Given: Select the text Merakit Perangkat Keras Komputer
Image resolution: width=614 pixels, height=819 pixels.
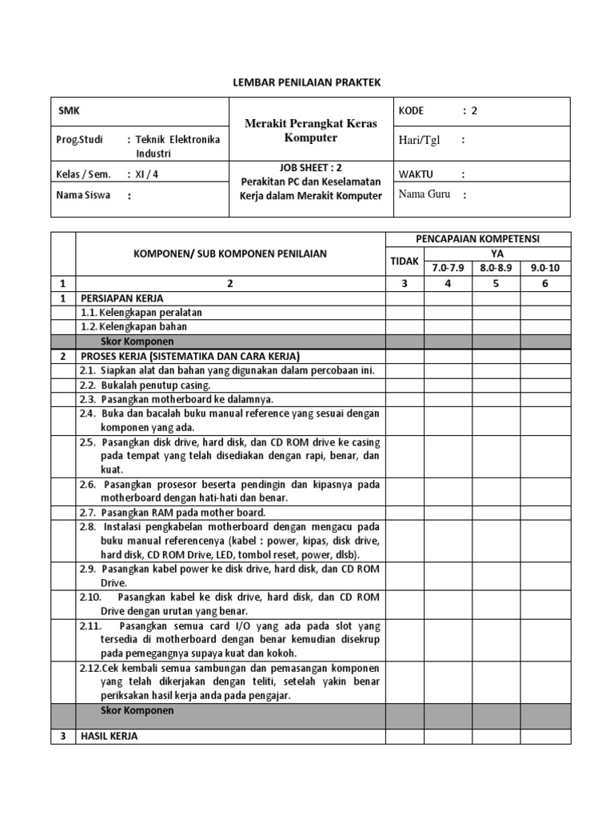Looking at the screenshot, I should tap(311, 130).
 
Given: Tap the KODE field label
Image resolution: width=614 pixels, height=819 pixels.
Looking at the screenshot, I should tap(411, 111).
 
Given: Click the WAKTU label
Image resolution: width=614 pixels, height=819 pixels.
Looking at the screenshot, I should tap(417, 174).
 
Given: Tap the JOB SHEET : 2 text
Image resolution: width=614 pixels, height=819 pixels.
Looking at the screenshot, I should tap(311, 169).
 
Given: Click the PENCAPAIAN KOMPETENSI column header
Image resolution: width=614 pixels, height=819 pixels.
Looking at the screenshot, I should tap(478, 239).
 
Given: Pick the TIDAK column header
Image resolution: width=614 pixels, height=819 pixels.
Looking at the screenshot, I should tap(404, 261).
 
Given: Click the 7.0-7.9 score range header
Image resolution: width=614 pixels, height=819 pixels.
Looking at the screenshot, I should tap(447, 268).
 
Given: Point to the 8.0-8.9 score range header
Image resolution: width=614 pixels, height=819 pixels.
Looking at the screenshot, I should tap(496, 268).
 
